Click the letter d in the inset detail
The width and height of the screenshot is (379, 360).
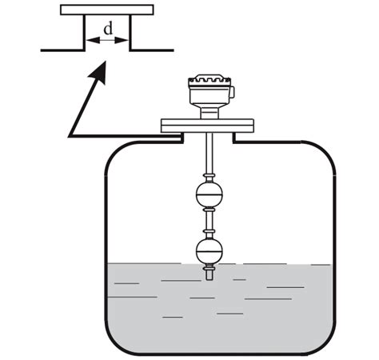[x=107, y=27]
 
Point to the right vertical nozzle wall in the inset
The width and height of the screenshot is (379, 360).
[x=129, y=33]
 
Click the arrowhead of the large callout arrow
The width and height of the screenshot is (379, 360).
[x=100, y=72]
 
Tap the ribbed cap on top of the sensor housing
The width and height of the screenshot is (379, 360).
[x=209, y=81]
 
